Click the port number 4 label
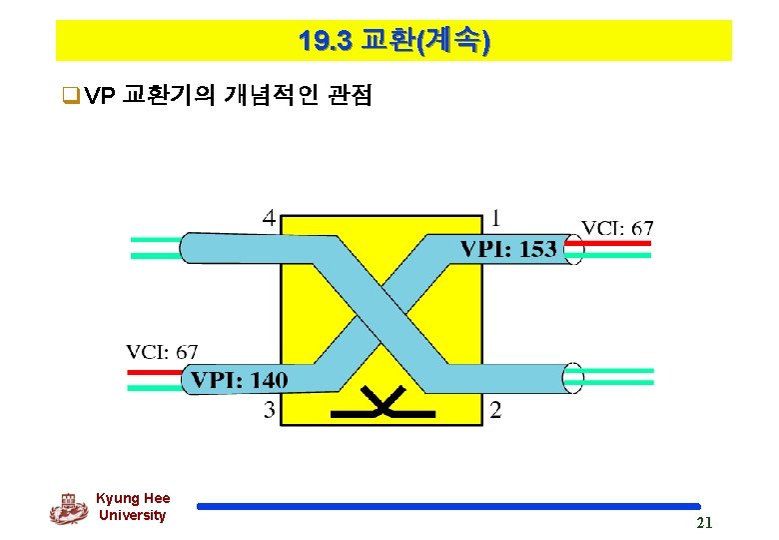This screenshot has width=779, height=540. click(x=270, y=217)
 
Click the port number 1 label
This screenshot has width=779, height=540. click(x=497, y=217)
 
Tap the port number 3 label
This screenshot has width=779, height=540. click(x=270, y=408)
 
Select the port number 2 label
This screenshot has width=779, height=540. click(x=496, y=409)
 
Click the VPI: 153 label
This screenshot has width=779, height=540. click(x=508, y=249)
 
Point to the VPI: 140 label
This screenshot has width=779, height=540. click(x=239, y=379)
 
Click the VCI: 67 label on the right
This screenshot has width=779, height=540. click(x=617, y=228)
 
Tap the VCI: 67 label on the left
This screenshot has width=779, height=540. click(x=162, y=352)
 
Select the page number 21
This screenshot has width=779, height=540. click(x=704, y=523)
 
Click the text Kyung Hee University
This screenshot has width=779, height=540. click(x=133, y=507)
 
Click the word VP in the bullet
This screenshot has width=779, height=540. click(x=100, y=96)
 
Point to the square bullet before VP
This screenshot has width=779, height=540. click(x=69, y=96)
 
